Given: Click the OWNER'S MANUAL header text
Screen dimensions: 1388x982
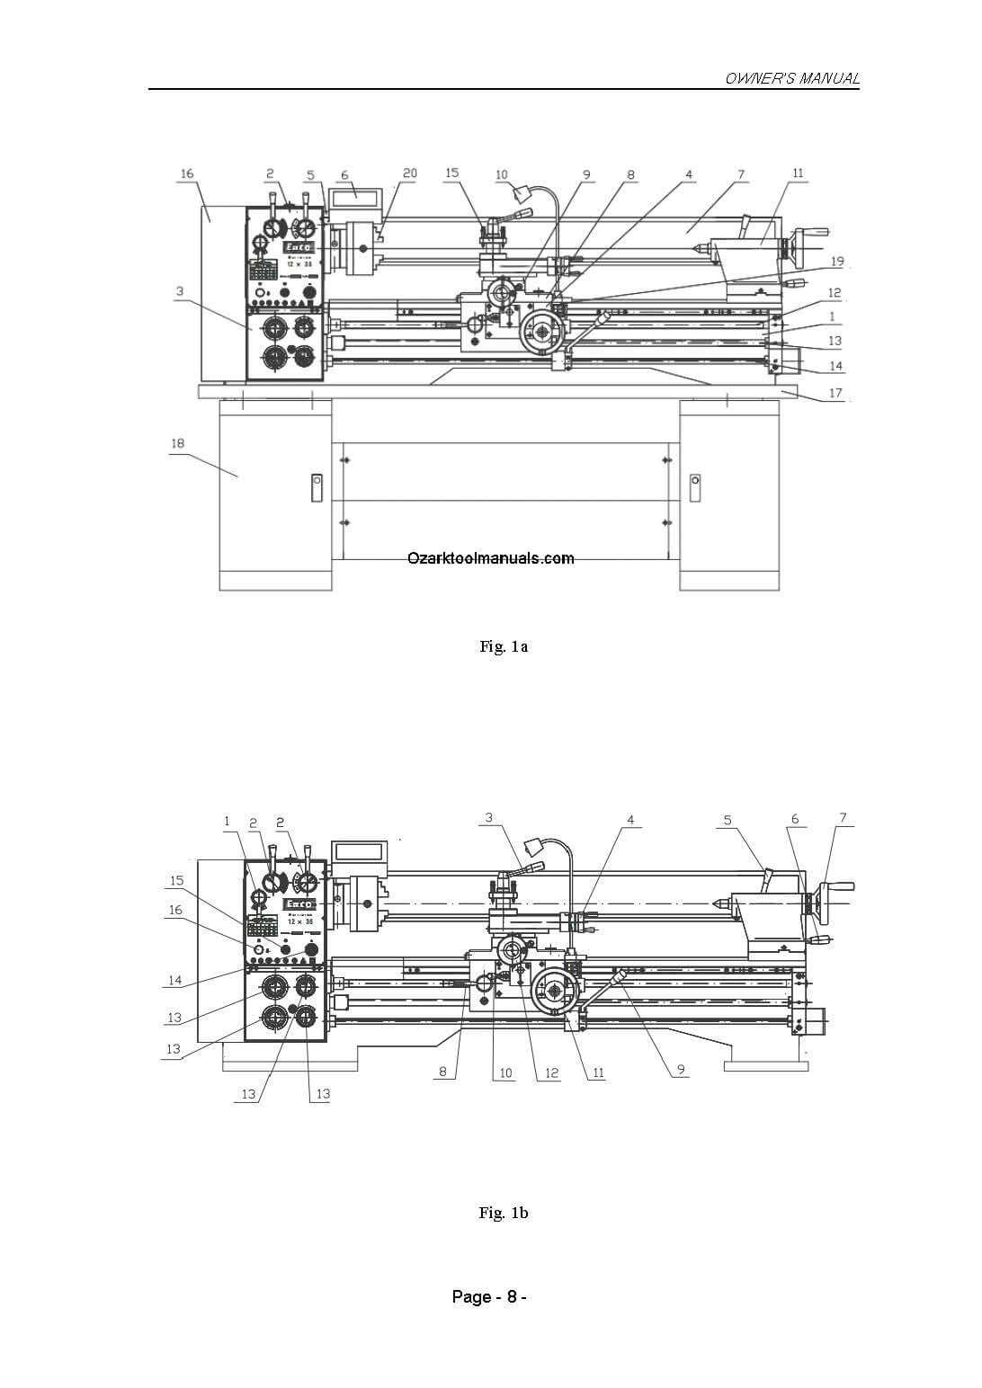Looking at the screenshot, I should pyautogui.click(x=791, y=79).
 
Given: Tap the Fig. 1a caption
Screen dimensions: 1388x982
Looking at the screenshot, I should pyautogui.click(x=504, y=646).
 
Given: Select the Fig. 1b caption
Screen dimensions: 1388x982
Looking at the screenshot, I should pyautogui.click(x=504, y=1213).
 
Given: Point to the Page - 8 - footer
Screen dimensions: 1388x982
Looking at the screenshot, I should pyautogui.click(x=488, y=1296).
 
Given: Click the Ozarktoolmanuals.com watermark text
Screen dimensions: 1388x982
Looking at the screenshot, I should pyautogui.click(x=491, y=558).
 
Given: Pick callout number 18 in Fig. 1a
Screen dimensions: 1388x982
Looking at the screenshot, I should pyautogui.click(x=176, y=443).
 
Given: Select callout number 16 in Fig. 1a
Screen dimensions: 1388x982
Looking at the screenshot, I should pyautogui.click(x=187, y=173).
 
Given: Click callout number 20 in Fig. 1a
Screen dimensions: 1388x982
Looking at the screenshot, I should pyautogui.click(x=409, y=173).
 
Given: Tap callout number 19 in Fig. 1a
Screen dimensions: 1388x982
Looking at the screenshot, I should pyautogui.click(x=836, y=262).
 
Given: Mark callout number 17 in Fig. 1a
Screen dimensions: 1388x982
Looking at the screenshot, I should pyautogui.click(x=835, y=393).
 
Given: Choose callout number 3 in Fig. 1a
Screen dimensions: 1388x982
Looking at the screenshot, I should pyautogui.click(x=180, y=291).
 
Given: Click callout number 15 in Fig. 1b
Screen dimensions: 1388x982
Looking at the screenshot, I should pyautogui.click(x=176, y=881).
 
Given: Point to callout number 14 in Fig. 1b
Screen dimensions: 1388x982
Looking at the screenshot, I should pyautogui.click(x=174, y=981).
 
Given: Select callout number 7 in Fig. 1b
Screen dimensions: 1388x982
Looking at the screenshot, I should pyautogui.click(x=843, y=818).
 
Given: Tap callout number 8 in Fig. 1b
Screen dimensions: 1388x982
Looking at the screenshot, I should pyautogui.click(x=442, y=1072).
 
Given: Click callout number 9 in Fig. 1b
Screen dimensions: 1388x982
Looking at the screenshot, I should pyautogui.click(x=682, y=1069).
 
